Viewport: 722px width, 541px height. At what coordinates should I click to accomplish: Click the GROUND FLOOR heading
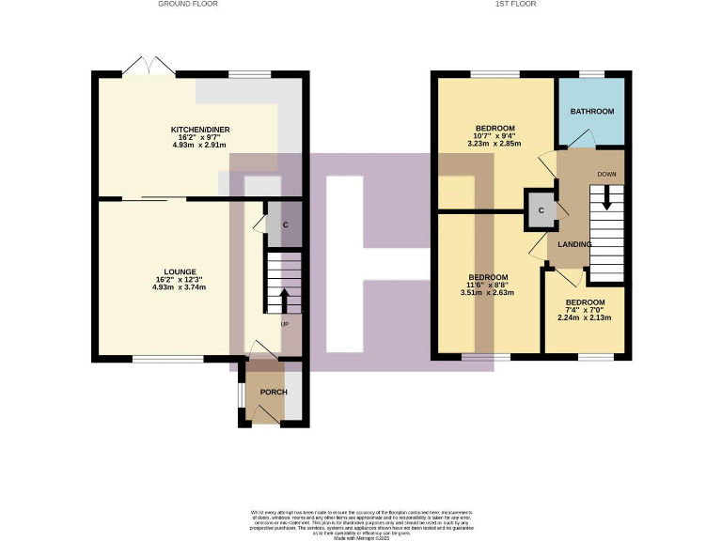coord(189,4)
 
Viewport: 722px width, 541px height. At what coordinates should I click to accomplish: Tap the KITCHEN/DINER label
coord(200,130)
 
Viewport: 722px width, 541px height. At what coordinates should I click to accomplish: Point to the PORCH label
coord(274,393)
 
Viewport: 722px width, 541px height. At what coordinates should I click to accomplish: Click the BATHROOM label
coord(592,112)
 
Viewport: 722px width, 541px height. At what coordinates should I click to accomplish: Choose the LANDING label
coord(574,244)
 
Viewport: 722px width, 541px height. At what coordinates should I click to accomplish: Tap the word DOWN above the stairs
coord(606,175)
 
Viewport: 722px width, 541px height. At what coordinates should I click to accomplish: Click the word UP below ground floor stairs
coord(284,324)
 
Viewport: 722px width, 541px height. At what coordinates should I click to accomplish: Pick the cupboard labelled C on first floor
coord(541,210)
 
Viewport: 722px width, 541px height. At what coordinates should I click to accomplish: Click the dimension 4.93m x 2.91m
coord(200,147)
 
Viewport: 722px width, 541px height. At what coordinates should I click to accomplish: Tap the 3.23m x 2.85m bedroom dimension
coord(494,145)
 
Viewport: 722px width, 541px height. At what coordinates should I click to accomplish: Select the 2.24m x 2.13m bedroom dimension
coord(584,317)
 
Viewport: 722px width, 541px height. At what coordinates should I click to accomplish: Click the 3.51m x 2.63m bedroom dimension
coord(489,292)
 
